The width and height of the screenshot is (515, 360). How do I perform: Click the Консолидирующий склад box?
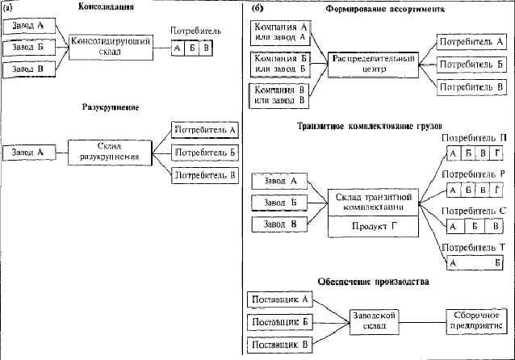(x=110, y=45)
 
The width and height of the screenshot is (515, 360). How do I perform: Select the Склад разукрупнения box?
(x=110, y=151)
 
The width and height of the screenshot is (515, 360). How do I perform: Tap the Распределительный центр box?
(x=374, y=64)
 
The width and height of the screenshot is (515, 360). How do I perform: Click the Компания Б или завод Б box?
(x=278, y=63)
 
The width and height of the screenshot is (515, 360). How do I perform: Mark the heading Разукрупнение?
(x=111, y=107)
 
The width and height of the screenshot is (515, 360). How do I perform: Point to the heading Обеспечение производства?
(x=373, y=282)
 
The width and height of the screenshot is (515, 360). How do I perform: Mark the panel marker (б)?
(x=256, y=7)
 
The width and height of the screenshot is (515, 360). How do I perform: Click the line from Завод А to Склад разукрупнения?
(x=59, y=151)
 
